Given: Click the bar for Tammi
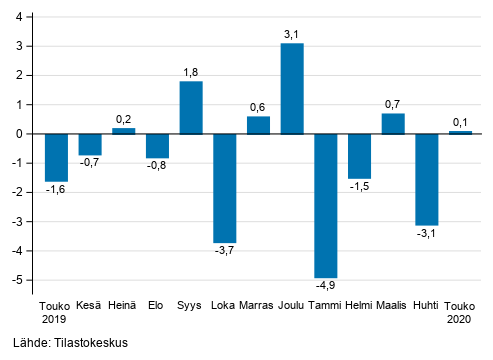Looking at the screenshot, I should pyautogui.click(x=325, y=205).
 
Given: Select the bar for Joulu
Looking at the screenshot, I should pyautogui.click(x=292, y=88).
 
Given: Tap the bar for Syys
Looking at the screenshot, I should pyautogui.click(x=190, y=107).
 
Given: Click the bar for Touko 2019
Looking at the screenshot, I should pyautogui.click(x=56, y=157).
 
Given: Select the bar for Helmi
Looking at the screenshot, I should pyautogui.click(x=359, y=156).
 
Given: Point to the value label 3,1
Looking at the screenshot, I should pyautogui.click(x=292, y=34).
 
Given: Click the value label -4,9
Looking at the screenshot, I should pyautogui.click(x=325, y=288).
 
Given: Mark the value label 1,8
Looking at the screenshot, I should pyautogui.click(x=190, y=72).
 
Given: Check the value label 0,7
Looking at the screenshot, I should pyautogui.click(x=393, y=104).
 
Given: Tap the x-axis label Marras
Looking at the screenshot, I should pyautogui.click(x=258, y=305).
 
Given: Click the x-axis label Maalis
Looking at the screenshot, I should pyautogui.click(x=393, y=305).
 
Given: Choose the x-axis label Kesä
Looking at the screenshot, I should pyautogui.click(x=90, y=305).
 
